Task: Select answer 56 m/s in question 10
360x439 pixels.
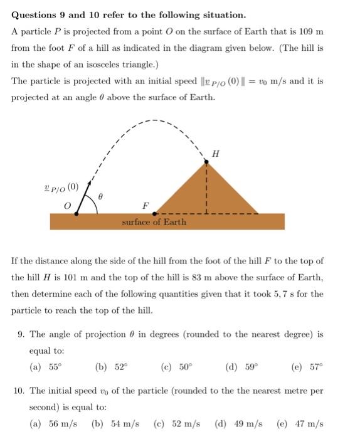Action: pyautogui.click(x=54, y=423)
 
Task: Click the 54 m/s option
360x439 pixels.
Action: pyautogui.click(x=115, y=423)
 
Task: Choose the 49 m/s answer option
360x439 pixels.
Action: pyautogui.click(x=238, y=423)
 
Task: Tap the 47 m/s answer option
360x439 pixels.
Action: pyautogui.click(x=299, y=423)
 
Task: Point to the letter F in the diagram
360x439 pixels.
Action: pyautogui.click(x=146, y=205)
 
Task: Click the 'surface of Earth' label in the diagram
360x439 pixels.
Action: pyautogui.click(x=154, y=221)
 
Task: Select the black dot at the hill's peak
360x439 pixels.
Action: pyautogui.click(x=207, y=163)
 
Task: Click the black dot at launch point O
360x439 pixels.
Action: pyautogui.click(x=77, y=213)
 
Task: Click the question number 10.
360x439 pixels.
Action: pyautogui.click(x=19, y=391)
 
